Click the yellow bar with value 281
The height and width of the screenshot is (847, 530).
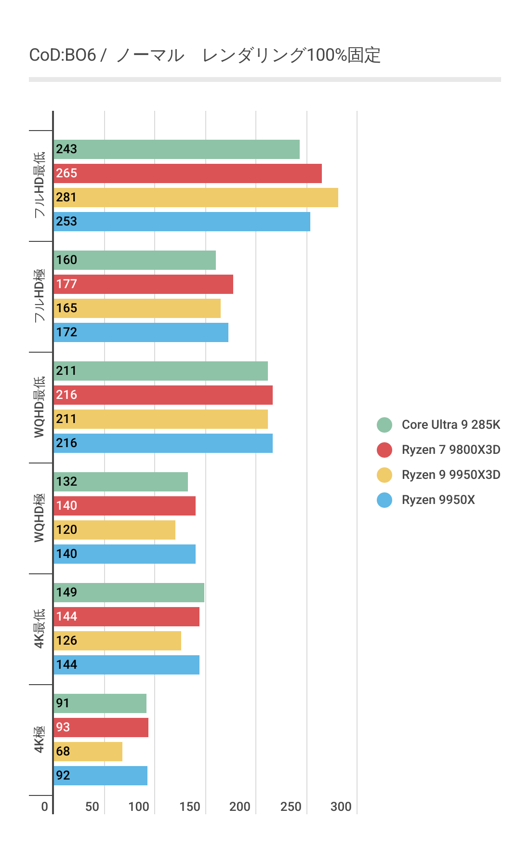(x=196, y=198)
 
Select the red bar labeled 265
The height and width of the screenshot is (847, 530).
(x=187, y=173)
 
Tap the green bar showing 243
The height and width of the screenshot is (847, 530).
(x=176, y=149)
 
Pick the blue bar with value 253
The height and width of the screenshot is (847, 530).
(x=182, y=222)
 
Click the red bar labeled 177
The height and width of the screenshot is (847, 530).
(x=143, y=284)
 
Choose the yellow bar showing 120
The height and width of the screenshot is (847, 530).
(x=114, y=530)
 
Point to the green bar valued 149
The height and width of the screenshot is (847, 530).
(x=129, y=593)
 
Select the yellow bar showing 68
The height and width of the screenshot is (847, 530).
(x=88, y=752)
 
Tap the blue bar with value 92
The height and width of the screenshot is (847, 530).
(x=100, y=776)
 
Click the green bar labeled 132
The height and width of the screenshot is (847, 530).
(x=120, y=482)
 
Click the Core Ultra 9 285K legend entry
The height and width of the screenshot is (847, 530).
(x=450, y=424)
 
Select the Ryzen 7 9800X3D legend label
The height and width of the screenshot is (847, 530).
(x=450, y=450)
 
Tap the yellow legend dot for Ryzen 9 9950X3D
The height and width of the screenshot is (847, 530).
(x=384, y=475)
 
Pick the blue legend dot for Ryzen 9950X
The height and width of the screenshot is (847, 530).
(x=384, y=500)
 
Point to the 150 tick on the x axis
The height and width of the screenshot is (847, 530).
(x=190, y=807)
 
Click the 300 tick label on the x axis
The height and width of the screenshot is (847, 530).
(x=341, y=807)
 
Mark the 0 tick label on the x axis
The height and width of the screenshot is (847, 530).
(x=44, y=807)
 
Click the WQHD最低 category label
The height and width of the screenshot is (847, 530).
(x=39, y=407)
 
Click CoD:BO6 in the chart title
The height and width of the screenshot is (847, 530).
(x=63, y=55)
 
